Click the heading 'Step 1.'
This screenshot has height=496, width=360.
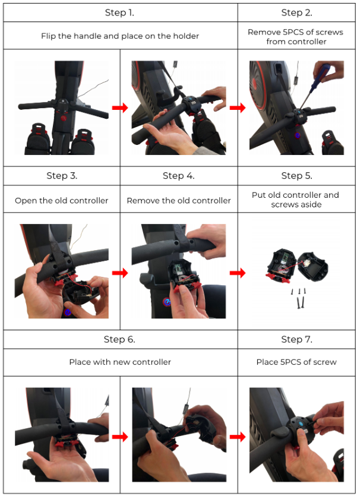coord(119,12)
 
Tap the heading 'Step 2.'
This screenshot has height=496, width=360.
coord(296,12)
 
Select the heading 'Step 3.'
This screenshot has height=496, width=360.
coord(62,176)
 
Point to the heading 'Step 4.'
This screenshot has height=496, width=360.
coord(178,176)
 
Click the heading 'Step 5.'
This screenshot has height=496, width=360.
coord(296,176)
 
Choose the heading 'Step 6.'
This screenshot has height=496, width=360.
coord(119,339)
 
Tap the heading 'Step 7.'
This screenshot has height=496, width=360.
coord(296,339)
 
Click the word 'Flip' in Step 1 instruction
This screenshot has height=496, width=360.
coord(48,36)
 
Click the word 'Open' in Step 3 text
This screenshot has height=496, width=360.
coord(26,201)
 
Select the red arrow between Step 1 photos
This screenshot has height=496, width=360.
coord(120,108)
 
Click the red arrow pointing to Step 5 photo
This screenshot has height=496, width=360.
coord(238,273)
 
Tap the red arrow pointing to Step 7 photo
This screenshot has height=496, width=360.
coord(238,437)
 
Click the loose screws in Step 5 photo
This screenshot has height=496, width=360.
coord(299,298)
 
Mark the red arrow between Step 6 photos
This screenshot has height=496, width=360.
coord(120,437)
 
